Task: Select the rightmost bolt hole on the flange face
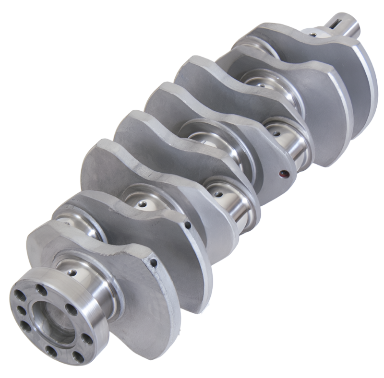[88, 339]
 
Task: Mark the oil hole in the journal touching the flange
[72, 272]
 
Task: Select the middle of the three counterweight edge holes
[188, 224]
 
